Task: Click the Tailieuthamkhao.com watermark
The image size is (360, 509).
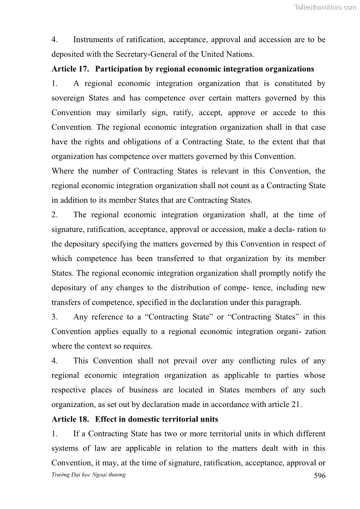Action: pyautogui.click(x=325, y=7)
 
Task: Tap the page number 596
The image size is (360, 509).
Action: pyautogui.click(x=320, y=475)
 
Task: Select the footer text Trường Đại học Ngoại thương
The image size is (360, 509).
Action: pyautogui.click(x=88, y=475)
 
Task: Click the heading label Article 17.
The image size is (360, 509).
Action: pyautogui.click(x=68, y=69)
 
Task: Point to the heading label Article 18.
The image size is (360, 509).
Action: pyautogui.click(x=68, y=419)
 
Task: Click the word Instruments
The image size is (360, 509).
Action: pyautogui.click(x=95, y=39)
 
